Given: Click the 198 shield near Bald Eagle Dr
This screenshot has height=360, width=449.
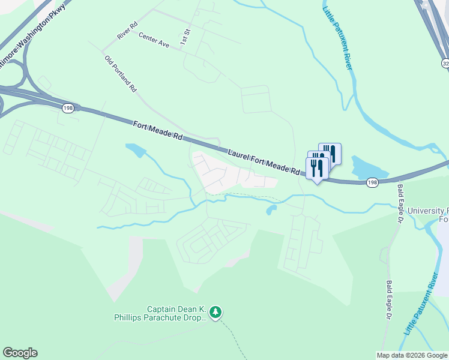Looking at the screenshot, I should [372, 182].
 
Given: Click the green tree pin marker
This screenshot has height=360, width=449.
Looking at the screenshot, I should [215, 312].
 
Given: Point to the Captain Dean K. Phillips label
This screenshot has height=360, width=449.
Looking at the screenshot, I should [160, 314].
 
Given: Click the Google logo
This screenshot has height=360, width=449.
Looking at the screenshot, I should [20, 353].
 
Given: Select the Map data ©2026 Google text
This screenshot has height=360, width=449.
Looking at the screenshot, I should [412, 355].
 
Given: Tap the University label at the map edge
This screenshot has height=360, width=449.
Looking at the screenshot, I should [427, 211].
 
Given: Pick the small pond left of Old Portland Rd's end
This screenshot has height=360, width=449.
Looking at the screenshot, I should [135, 150].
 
